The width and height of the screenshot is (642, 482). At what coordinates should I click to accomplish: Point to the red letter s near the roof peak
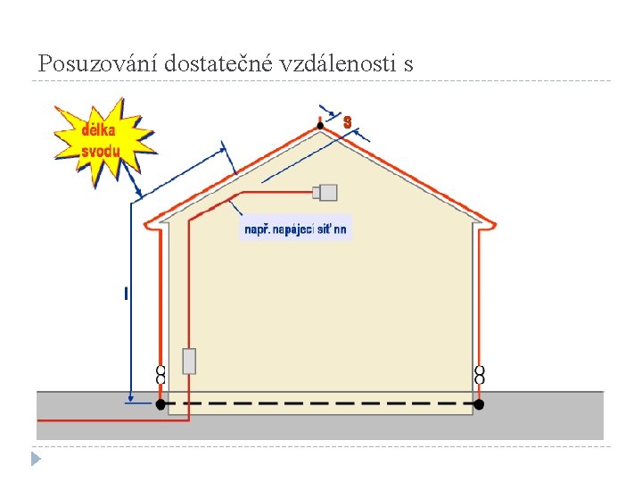tap(348, 120)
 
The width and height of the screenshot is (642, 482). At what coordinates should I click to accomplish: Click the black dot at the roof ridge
tap(321, 127)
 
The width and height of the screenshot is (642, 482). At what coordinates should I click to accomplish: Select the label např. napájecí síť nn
tap(296, 229)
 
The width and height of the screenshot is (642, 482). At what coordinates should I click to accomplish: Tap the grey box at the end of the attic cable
tap(327, 192)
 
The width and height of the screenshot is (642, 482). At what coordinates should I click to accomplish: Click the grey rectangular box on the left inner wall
tap(189, 361)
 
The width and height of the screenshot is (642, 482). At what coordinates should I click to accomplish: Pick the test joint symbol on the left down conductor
tap(161, 374)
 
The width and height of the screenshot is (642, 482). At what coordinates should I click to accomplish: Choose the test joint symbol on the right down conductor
tap(480, 374)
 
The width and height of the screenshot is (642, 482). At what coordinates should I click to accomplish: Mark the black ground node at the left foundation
tap(161, 404)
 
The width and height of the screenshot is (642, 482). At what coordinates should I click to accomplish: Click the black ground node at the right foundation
tap(479, 404)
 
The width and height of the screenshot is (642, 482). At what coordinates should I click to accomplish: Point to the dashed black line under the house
tap(321, 404)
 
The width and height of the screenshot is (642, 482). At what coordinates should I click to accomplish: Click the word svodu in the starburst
tap(100, 151)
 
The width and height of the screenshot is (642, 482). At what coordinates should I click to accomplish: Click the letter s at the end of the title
tap(408, 65)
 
